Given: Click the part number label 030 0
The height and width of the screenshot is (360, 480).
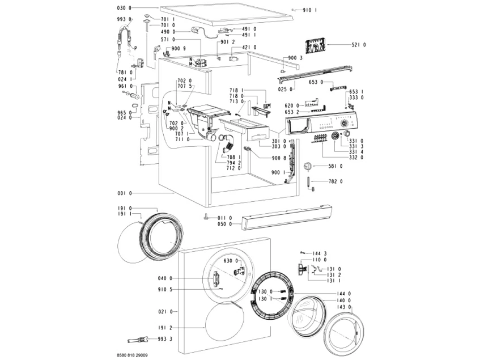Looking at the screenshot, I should coord(124,8).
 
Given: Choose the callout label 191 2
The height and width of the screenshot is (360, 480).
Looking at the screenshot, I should coord(163,328).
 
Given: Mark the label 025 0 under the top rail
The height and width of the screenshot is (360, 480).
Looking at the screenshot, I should coord(285,89).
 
